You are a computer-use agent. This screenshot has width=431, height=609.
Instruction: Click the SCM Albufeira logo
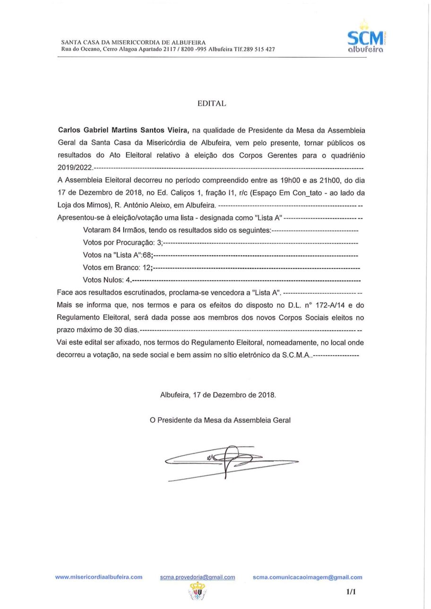[x=364, y=38]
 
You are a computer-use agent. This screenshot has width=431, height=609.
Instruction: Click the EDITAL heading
[x=212, y=103]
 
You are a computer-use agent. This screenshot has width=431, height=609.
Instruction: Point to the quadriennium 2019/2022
[x=75, y=168]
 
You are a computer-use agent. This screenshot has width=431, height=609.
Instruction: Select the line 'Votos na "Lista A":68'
[x=118, y=255]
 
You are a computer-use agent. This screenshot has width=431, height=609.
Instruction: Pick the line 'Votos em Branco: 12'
[x=118, y=268]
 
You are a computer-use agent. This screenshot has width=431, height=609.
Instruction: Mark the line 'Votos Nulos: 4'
[x=107, y=280]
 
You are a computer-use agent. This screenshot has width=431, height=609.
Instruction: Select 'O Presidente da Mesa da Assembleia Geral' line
[x=220, y=420]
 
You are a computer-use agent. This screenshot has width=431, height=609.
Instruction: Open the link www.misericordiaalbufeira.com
[x=99, y=577]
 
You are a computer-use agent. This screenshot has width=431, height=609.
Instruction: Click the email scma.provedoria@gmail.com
[x=198, y=577]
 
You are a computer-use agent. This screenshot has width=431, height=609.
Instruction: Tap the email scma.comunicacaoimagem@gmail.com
[x=307, y=577]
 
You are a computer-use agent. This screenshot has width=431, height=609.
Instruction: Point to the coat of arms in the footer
[x=197, y=591]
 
